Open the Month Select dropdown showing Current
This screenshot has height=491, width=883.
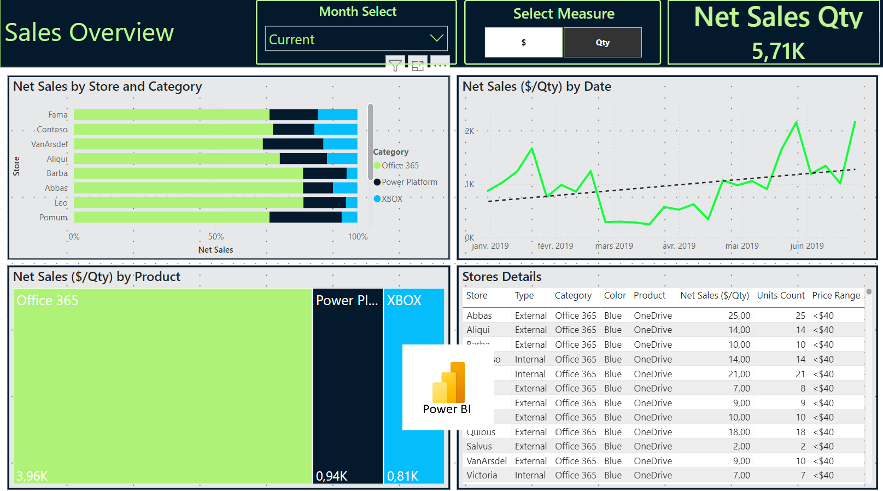[x=356, y=39]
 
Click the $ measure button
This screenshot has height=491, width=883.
[x=523, y=43]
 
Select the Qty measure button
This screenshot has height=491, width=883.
[x=603, y=43]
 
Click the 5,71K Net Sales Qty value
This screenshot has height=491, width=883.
[x=777, y=51]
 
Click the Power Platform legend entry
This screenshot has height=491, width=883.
[x=409, y=182]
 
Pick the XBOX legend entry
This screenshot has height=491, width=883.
[x=391, y=199]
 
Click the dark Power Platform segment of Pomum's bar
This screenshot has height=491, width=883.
[x=305, y=217]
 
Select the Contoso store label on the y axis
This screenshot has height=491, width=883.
[x=52, y=130]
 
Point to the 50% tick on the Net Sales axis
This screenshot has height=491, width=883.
[x=215, y=237]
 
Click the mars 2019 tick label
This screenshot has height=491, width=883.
[x=613, y=246]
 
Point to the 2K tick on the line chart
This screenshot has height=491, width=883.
[x=469, y=131]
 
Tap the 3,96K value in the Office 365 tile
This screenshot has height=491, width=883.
[x=32, y=476]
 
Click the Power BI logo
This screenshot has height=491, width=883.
[x=447, y=388]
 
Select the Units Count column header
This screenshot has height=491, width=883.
[x=780, y=295]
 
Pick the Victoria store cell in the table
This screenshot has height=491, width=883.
[x=482, y=475]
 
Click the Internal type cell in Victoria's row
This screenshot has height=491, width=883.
[x=530, y=475]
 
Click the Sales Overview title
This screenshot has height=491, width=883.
[x=89, y=33]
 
